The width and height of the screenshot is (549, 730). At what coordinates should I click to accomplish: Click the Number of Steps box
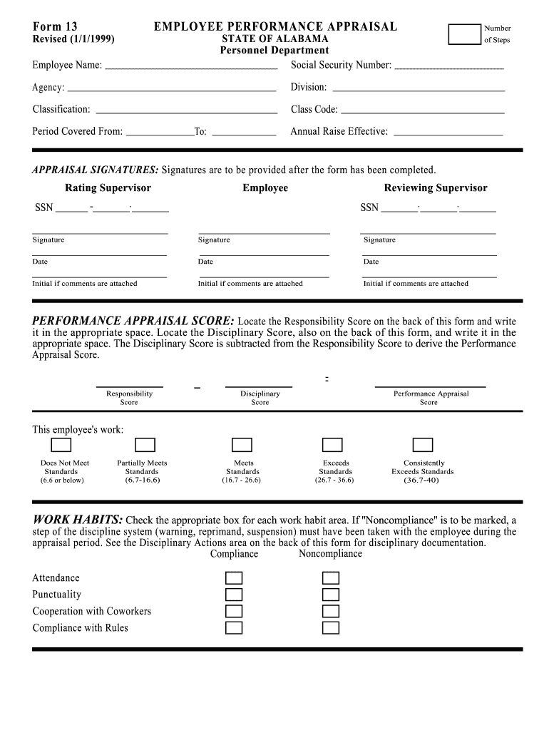465,34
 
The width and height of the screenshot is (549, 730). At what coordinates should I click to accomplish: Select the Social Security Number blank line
448,67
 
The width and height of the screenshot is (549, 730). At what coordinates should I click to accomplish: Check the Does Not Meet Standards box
61,446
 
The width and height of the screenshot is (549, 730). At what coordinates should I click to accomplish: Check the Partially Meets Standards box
145,446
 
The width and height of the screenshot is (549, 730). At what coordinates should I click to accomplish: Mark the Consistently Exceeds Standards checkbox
423,446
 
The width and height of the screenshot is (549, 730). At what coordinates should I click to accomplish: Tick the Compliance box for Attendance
234,578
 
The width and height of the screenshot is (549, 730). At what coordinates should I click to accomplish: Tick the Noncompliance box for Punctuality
330,595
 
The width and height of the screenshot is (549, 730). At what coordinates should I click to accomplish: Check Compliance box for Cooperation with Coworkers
234,611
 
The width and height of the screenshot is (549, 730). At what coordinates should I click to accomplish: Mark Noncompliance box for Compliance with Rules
330,628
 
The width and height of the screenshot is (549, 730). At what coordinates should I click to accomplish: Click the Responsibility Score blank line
129,385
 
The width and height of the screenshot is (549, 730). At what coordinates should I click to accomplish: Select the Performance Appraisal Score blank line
430,385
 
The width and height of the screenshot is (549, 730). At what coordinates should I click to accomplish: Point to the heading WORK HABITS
78,519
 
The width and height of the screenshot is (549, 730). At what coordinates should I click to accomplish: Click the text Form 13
55,27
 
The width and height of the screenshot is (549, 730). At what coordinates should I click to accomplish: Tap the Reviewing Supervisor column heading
436,188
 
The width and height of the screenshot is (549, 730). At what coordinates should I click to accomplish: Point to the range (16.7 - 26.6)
242,480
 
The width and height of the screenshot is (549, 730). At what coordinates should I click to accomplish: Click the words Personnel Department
274,51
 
